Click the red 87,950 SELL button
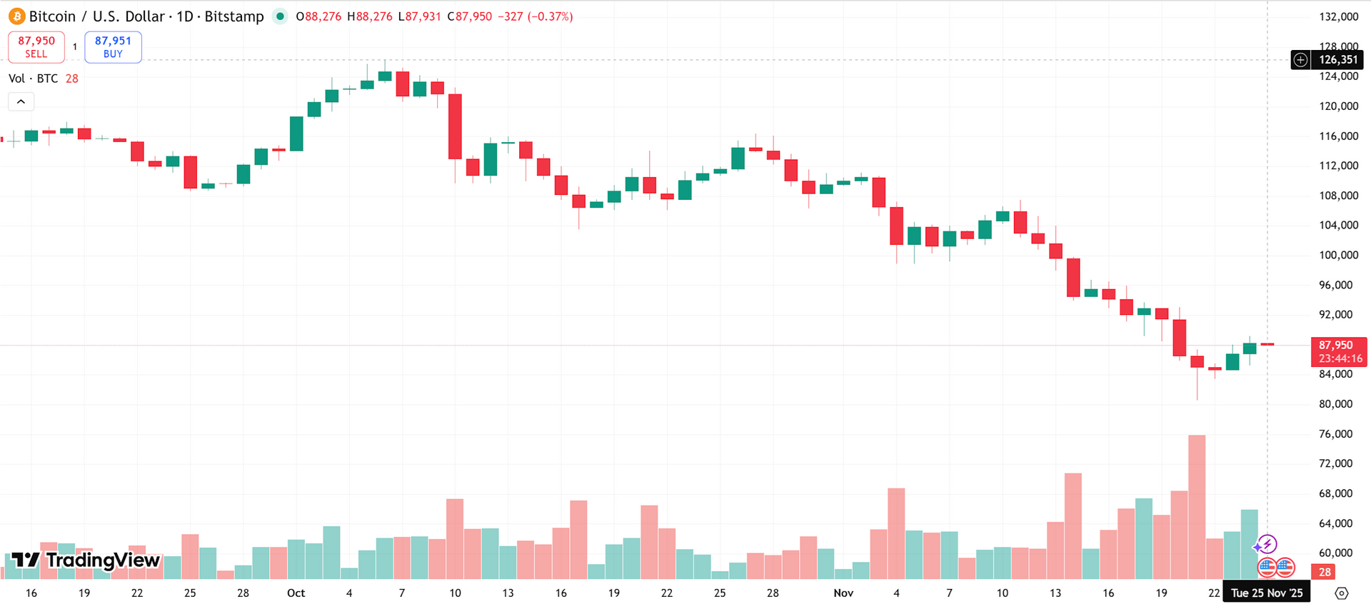(x=36, y=47)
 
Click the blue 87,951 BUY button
(x=113, y=47)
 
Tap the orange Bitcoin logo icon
(x=17, y=16)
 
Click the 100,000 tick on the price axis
(x=1339, y=255)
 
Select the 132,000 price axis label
(x=1339, y=16)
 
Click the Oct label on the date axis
(x=296, y=593)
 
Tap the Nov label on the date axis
(x=843, y=593)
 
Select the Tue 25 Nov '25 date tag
(x=1267, y=593)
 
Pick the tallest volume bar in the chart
(x=1197, y=507)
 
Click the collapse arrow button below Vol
(x=21, y=102)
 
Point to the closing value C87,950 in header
(x=470, y=16)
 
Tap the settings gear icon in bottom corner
(x=1342, y=593)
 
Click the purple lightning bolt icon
(x=1266, y=545)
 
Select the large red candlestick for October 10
(x=455, y=126)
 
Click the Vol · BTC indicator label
(x=34, y=79)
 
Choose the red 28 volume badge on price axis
(x=1325, y=572)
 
